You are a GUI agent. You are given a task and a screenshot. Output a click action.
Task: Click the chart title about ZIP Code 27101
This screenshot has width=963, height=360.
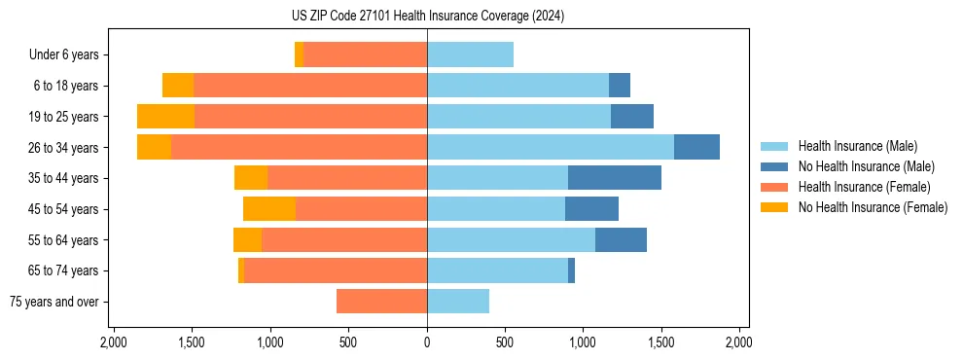click(427, 17)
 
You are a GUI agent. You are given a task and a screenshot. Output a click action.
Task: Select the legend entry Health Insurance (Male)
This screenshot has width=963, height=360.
click(857, 146)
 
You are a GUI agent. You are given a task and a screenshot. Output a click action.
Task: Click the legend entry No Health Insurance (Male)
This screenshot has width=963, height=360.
click(866, 166)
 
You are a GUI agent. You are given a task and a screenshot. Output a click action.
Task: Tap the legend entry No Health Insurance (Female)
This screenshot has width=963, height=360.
click(873, 207)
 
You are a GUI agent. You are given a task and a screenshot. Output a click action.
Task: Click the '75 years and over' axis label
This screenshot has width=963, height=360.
click(54, 302)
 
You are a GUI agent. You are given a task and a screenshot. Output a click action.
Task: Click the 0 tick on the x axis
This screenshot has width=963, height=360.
click(427, 343)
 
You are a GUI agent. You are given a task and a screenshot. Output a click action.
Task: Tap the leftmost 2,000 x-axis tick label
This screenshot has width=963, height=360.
click(114, 343)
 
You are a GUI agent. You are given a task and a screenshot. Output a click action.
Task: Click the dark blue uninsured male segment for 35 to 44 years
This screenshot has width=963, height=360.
click(615, 178)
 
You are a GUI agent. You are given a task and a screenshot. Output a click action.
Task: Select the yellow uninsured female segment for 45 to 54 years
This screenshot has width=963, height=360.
click(269, 209)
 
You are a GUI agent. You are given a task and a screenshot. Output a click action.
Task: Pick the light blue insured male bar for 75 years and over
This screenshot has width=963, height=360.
click(458, 302)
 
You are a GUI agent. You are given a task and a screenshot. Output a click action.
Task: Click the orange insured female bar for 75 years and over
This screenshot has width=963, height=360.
click(381, 302)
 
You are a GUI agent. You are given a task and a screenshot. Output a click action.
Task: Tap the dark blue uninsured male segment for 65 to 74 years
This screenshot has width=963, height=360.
click(571, 270)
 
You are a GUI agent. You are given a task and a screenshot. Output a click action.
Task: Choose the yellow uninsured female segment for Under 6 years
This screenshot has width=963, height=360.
click(299, 54)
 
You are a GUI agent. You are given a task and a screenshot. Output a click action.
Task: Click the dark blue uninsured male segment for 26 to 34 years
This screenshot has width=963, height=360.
click(696, 147)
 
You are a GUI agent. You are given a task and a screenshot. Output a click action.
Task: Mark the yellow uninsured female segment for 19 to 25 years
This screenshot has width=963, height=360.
click(165, 117)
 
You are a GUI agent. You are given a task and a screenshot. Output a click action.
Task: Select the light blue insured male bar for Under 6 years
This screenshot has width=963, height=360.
click(470, 54)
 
